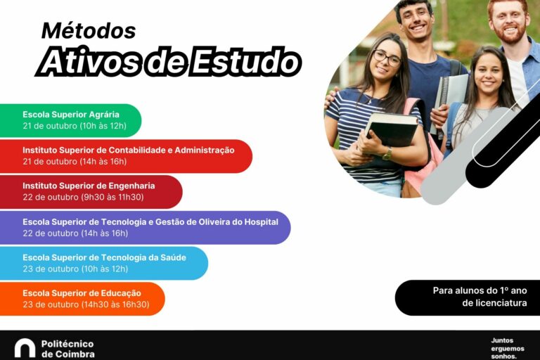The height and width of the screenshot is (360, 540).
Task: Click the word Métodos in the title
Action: (89, 31)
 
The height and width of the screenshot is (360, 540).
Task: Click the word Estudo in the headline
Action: (245, 62)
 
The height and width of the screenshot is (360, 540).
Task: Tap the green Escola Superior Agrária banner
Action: (70, 120)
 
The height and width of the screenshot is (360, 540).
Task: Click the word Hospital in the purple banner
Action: (261, 222)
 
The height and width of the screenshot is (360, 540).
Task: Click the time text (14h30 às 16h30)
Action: (115, 304)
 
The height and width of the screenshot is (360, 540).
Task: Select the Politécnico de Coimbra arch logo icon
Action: (25, 348)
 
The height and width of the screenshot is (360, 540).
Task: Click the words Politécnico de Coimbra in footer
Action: (67, 349)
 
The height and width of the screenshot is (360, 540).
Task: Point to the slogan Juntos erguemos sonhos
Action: (507, 348)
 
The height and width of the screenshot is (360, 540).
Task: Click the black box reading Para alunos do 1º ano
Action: (468, 297)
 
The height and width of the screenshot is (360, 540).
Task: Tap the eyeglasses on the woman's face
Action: (387, 58)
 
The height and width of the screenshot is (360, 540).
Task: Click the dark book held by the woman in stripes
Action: (392, 129)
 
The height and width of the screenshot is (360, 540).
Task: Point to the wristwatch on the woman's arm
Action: (387, 153)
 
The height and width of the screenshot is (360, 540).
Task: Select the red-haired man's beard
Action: (510, 32)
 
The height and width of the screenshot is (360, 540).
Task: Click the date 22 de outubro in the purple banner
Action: (51, 233)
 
